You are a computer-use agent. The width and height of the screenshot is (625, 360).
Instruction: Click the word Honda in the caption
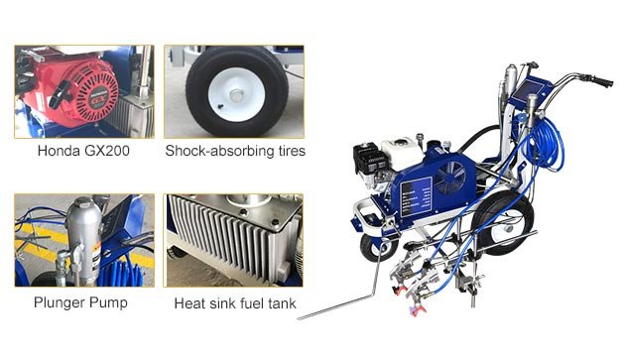point(57,152)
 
